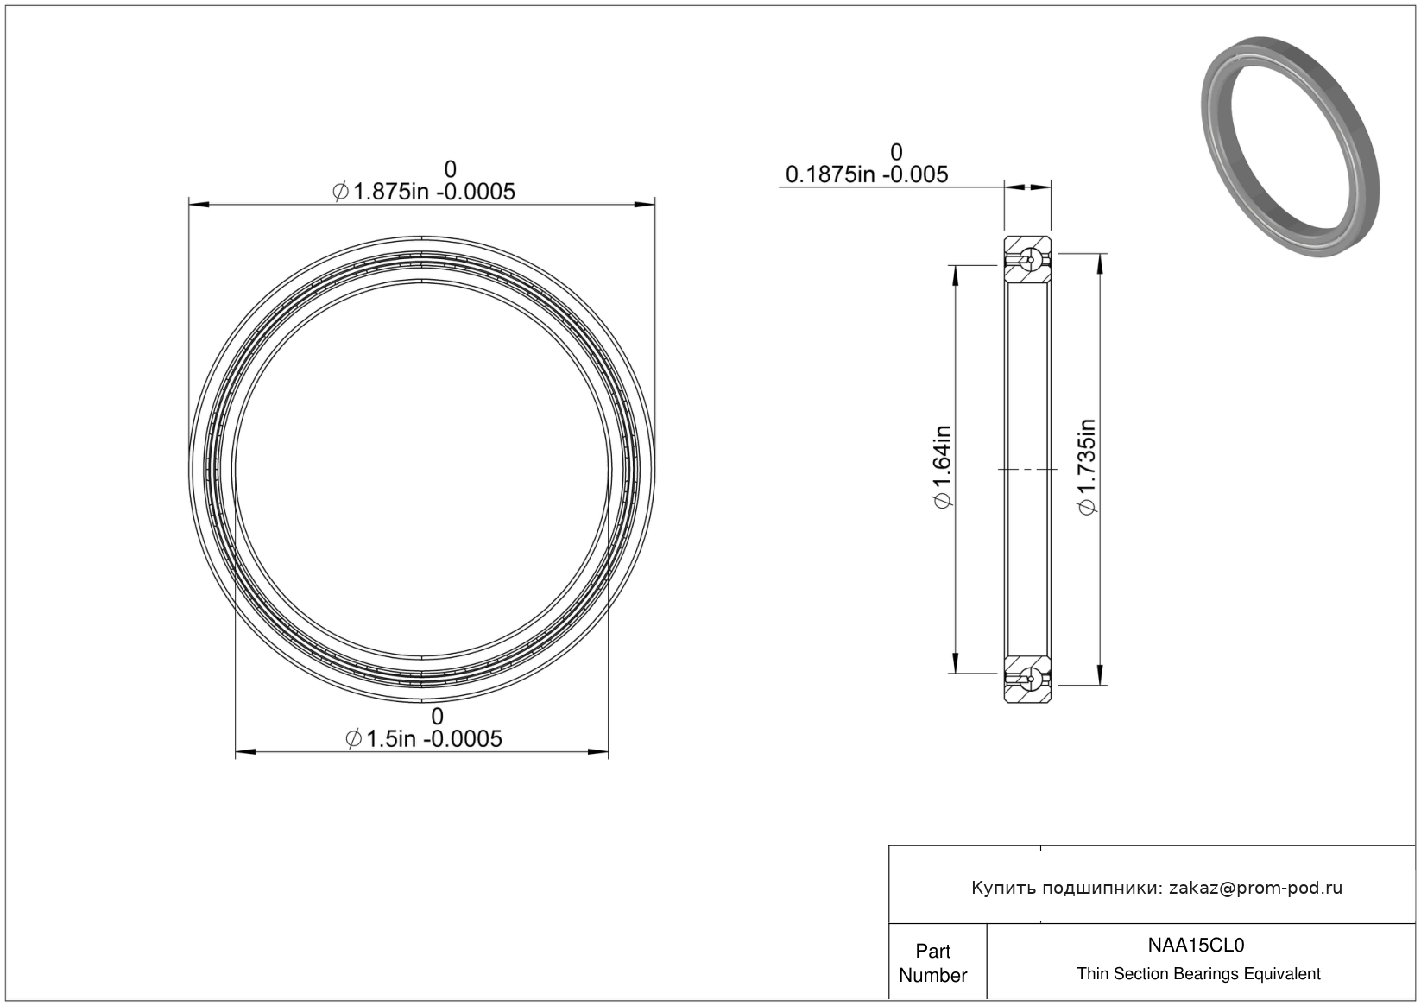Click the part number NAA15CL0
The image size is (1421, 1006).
point(1196,945)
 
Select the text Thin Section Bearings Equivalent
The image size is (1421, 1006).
point(1198,973)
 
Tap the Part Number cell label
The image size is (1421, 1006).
point(932,963)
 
